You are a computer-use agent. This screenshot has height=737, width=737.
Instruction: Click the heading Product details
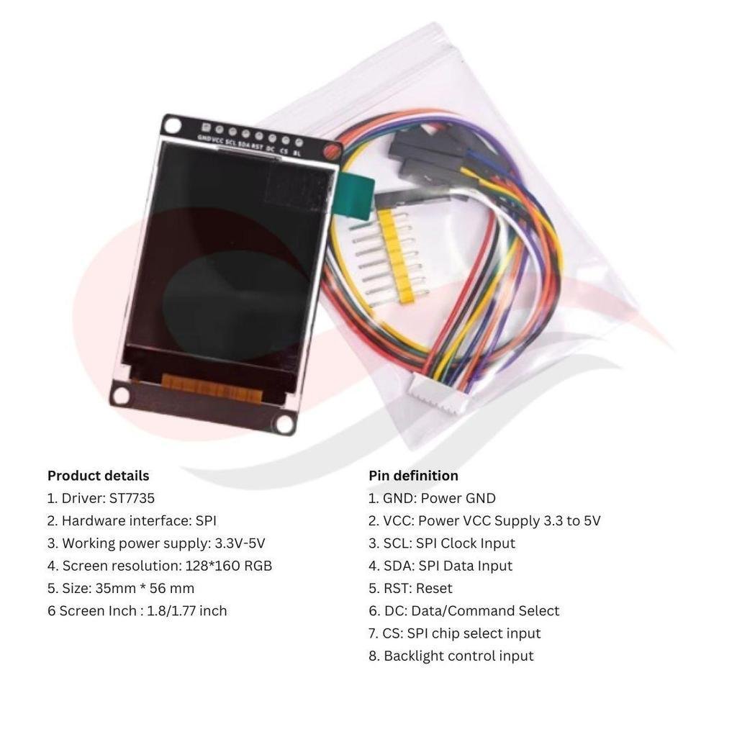click(x=98, y=476)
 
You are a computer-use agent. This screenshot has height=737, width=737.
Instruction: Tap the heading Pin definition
click(x=413, y=476)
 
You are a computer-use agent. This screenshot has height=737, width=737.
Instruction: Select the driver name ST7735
click(x=132, y=498)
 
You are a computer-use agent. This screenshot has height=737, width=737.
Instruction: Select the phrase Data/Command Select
click(x=485, y=611)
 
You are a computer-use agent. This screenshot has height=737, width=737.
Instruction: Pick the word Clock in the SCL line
click(x=458, y=543)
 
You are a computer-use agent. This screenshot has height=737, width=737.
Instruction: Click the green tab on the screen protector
click(x=354, y=195)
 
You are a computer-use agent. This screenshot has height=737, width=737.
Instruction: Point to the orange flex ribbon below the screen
click(x=212, y=388)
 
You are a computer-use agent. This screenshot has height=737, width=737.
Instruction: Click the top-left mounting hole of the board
click(x=173, y=125)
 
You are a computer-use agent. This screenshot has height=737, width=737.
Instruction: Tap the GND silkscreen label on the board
click(x=204, y=138)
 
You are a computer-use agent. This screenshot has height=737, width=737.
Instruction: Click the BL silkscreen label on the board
click(x=297, y=153)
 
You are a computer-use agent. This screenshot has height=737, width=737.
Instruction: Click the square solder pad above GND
click(x=206, y=127)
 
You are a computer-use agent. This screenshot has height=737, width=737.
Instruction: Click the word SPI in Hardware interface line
click(x=206, y=521)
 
